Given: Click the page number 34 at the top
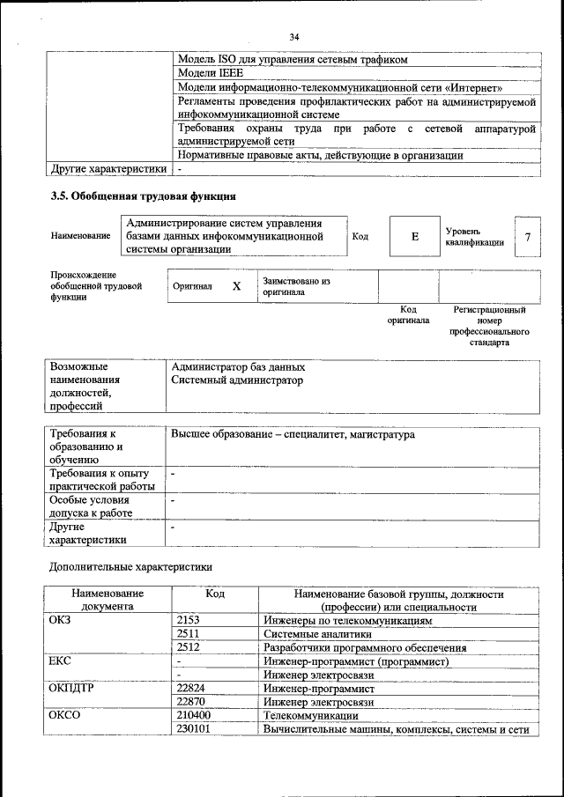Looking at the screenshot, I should pyautogui.click(x=293, y=36).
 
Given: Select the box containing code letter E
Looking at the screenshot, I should pyautogui.click(x=414, y=237).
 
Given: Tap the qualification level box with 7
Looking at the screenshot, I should pyautogui.click(x=527, y=237).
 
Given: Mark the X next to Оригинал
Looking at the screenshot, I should pyautogui.click(x=236, y=287).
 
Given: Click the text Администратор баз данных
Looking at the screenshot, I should pyautogui.click(x=238, y=366).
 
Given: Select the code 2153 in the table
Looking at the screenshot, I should pyautogui.click(x=189, y=621).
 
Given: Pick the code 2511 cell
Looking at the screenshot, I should pyautogui.click(x=188, y=634).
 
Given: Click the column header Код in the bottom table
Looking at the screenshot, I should pyautogui.click(x=214, y=594).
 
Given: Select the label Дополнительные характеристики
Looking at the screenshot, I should pyautogui.click(x=130, y=566).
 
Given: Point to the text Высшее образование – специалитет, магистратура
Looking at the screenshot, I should pyautogui.click(x=293, y=435).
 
